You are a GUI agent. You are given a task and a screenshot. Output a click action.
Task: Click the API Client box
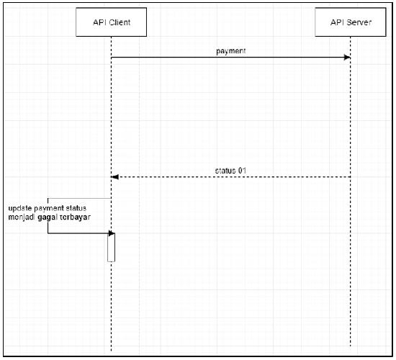(111, 22)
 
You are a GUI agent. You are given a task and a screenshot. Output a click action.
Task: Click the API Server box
(351, 22)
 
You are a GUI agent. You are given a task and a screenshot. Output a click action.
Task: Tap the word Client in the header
(120, 22)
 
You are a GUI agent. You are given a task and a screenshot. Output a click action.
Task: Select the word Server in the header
(359, 22)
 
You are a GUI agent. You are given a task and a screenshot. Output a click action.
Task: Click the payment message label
(231, 51)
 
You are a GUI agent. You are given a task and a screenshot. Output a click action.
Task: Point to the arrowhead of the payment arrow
(347, 58)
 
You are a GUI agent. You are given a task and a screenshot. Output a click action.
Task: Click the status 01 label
(230, 171)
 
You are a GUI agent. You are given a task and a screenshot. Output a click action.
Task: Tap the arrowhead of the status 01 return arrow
(114, 177)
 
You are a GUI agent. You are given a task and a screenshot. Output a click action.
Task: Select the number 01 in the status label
(242, 171)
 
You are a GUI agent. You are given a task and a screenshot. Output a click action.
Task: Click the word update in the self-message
(20, 208)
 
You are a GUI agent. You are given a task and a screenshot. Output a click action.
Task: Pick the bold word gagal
(48, 217)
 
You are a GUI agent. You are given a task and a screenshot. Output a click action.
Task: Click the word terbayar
(75, 217)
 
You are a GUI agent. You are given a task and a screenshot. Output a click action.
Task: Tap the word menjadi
(22, 217)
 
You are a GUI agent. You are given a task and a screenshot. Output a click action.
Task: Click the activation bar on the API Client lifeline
(111, 248)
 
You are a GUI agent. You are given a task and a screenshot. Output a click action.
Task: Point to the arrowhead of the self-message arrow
(112, 233)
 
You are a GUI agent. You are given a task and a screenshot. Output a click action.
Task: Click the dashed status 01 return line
(231, 177)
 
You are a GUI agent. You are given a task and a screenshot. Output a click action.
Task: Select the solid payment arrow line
(231, 58)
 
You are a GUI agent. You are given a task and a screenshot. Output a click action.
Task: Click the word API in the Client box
(99, 22)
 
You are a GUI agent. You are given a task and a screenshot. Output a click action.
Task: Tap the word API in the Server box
(337, 22)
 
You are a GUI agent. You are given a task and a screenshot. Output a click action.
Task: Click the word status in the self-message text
(76, 208)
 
